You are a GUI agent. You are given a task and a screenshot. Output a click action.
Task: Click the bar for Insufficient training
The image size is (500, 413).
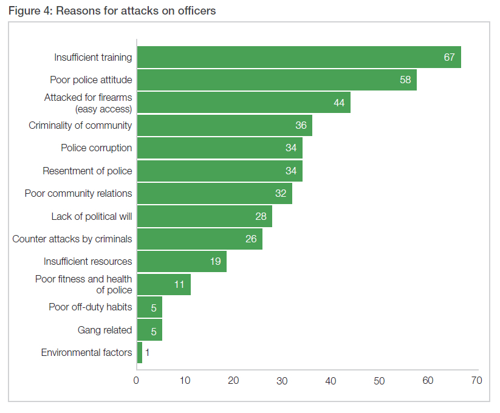(298, 57)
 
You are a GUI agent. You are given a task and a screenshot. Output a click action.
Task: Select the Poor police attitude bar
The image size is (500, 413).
(276, 80)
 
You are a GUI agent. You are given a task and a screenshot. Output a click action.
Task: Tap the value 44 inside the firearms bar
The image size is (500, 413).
(339, 103)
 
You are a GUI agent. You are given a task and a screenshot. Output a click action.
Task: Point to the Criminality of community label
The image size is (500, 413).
(80, 125)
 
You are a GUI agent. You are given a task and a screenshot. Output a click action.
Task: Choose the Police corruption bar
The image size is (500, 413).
(219, 148)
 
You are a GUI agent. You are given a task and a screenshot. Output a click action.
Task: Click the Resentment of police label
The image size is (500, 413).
(87, 171)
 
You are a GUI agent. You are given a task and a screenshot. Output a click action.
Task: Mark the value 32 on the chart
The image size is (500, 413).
(281, 194)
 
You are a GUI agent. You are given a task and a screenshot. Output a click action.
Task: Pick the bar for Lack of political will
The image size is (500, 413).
(204, 216)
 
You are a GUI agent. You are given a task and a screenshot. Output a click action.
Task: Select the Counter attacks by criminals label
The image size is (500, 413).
(72, 239)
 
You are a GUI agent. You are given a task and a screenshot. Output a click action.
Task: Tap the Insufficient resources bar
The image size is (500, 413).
(182, 262)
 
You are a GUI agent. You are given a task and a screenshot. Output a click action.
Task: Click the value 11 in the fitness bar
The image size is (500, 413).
(179, 284)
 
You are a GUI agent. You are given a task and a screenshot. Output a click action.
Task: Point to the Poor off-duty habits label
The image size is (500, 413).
(90, 307)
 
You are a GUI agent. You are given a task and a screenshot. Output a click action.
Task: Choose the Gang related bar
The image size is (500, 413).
(149, 330)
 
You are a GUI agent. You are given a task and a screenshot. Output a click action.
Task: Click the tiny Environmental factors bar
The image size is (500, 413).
(140, 352)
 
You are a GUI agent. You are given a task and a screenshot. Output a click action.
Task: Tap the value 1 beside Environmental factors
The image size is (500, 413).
(148, 352)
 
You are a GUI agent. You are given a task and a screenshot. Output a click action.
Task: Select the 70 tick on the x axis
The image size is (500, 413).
(476, 381)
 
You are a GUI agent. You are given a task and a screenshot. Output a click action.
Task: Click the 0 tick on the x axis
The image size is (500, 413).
(137, 381)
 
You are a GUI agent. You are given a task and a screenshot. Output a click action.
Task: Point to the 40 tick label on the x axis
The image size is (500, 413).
(330, 381)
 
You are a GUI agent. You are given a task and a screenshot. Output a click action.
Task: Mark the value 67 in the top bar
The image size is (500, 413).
(450, 57)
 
